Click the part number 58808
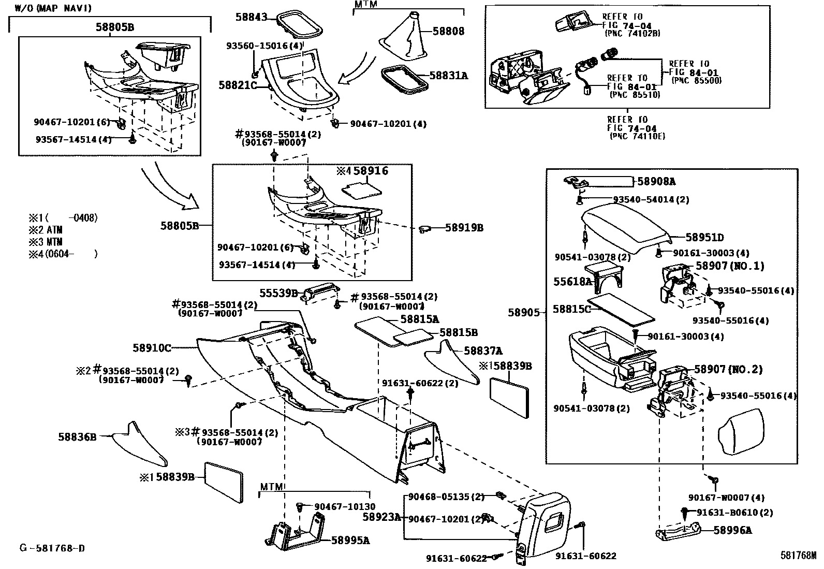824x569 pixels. (448, 31)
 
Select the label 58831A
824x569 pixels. (449, 76)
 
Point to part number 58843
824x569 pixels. (251, 17)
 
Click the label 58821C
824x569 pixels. (238, 85)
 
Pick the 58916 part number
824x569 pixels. (371, 171)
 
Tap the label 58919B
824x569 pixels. (464, 228)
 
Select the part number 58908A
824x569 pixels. (656, 181)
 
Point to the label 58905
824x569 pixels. (524, 313)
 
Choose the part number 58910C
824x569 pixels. (152, 348)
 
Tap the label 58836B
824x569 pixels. (77, 437)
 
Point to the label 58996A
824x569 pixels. (733, 530)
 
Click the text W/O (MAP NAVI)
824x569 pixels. (53, 8)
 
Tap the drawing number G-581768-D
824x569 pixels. (52, 548)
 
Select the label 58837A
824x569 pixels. (483, 351)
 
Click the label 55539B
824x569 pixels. (278, 294)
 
